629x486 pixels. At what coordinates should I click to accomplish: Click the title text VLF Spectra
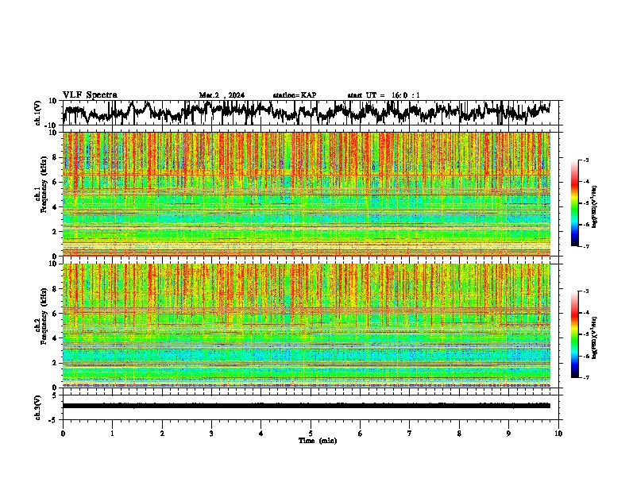tap(90, 95)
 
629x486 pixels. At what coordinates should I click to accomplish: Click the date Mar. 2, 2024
tap(222, 95)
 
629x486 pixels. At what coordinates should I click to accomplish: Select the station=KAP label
tap(294, 95)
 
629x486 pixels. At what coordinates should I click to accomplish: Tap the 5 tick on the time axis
tap(311, 434)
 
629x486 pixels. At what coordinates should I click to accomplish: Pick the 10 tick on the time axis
tap(558, 434)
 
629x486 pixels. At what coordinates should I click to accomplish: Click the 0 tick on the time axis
tap(63, 434)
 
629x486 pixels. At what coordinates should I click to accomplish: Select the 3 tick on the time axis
tap(211, 434)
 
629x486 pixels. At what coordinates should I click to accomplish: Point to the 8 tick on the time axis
tap(459, 434)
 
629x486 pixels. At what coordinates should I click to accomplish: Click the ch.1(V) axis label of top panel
tap(38, 113)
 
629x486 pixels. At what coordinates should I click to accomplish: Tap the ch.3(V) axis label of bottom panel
tap(38, 405)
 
